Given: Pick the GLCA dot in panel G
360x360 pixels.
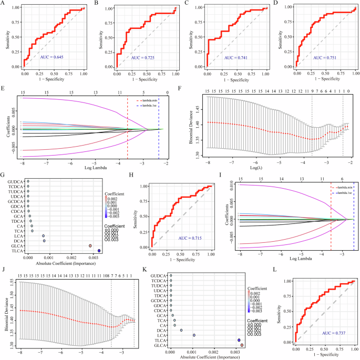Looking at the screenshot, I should pos(90,245).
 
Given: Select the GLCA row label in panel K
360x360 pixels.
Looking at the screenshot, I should pos(158,346).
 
